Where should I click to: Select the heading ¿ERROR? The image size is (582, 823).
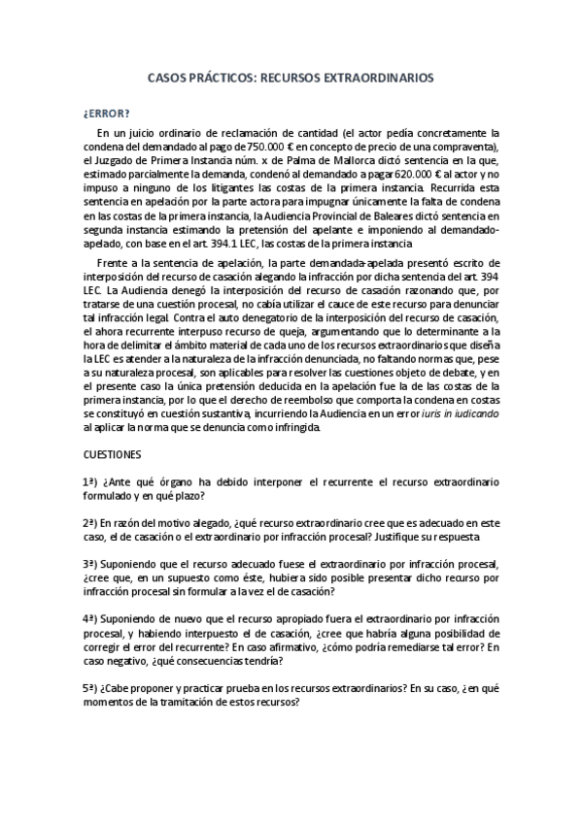tap(105, 112)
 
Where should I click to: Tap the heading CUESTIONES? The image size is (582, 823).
tap(113, 453)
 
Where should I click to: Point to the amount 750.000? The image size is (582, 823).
tap(268, 146)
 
